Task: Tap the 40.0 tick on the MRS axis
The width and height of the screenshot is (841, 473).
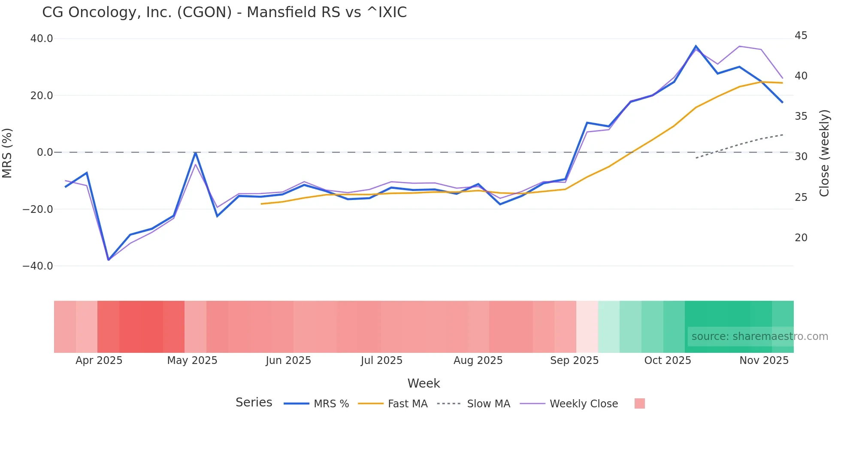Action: pyautogui.click(x=42, y=39)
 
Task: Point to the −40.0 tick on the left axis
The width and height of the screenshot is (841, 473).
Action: pyautogui.click(x=38, y=266)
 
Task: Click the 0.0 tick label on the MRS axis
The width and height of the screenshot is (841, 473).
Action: pyautogui.click(x=45, y=152)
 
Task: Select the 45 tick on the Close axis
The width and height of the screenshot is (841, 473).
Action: pyautogui.click(x=801, y=36)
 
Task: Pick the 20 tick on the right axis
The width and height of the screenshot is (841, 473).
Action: pyautogui.click(x=801, y=238)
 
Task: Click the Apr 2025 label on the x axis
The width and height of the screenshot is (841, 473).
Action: pyautogui.click(x=99, y=361)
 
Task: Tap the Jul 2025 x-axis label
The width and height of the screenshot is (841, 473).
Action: pyautogui.click(x=381, y=361)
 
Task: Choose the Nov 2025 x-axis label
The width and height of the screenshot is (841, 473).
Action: pyautogui.click(x=764, y=361)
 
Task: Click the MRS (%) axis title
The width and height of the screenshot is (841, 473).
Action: pyautogui.click(x=7, y=153)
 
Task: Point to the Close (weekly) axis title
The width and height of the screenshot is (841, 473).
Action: pyautogui.click(x=824, y=153)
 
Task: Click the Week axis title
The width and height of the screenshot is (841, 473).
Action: pyautogui.click(x=424, y=383)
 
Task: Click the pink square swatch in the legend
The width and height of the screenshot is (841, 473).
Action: pyautogui.click(x=639, y=403)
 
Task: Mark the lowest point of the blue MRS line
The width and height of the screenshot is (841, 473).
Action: pyautogui.click(x=109, y=260)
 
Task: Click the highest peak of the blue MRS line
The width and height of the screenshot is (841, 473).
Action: pyautogui.click(x=696, y=46)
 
